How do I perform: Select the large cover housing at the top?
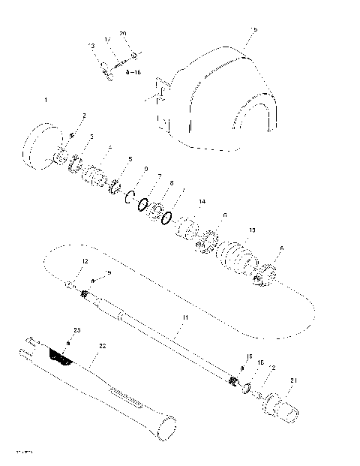(x=217, y=98)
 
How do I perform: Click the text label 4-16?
(x=134, y=73)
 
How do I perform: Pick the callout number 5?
(x=130, y=160)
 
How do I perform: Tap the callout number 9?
(x=145, y=169)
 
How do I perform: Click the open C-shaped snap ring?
(x=128, y=199)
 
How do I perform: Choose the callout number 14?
(x=201, y=203)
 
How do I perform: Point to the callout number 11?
(x=184, y=318)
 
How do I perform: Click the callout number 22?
(x=103, y=345)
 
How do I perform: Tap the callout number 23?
(x=76, y=330)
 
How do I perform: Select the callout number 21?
(x=293, y=381)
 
